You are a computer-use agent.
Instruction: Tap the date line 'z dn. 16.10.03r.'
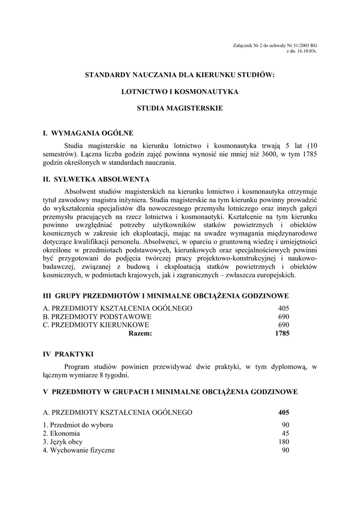(301, 51)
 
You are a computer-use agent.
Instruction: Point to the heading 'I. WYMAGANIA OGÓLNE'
(88, 133)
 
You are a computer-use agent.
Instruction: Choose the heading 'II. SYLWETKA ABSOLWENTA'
(96, 179)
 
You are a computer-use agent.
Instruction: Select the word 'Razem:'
(140, 334)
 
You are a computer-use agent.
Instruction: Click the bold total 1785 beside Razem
(282, 334)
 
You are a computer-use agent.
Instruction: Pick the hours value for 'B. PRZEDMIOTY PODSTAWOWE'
(283, 317)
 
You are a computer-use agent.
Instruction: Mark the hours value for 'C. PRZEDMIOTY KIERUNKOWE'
(283, 325)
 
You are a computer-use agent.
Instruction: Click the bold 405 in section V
(283, 413)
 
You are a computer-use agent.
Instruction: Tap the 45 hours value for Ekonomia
(285, 433)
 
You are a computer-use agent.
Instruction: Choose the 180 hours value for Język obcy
(283, 442)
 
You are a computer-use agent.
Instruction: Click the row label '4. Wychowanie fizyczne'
(79, 450)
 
